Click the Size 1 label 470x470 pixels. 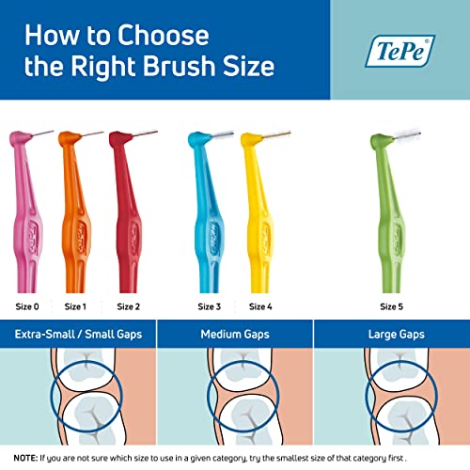tap(75, 306)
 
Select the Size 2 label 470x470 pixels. tap(129, 306)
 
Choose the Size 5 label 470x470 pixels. tap(392, 306)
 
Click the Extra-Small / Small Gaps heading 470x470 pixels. tap(78, 335)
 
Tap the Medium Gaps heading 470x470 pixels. tap(234, 335)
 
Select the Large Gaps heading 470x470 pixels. tap(391, 335)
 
